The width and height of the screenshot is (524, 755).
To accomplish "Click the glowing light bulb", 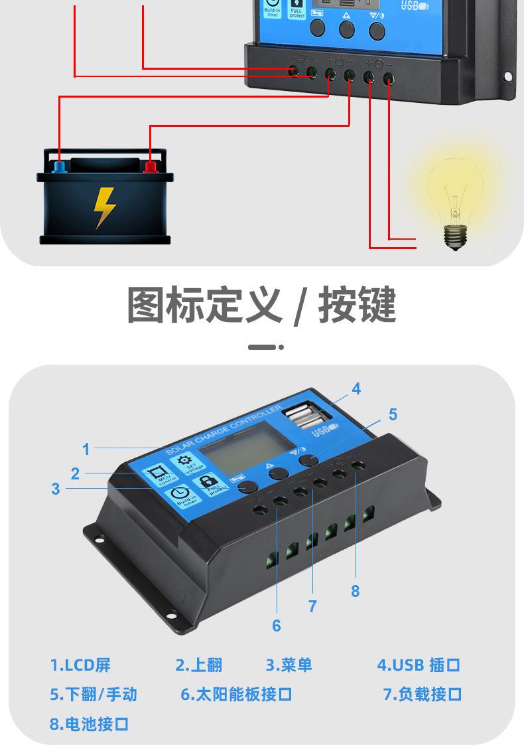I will [x=454, y=199].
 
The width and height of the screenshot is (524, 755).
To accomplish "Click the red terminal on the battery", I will [x=151, y=164].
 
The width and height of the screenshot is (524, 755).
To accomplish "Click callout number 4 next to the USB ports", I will [x=356, y=389].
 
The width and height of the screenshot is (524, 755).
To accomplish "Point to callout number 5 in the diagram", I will [x=393, y=415].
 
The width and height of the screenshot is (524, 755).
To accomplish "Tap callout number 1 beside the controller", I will [x=86, y=450].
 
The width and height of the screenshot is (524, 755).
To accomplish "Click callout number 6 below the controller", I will [x=277, y=626].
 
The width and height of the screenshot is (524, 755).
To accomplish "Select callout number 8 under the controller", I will [x=355, y=590].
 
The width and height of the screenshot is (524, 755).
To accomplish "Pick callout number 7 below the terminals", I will [x=312, y=606].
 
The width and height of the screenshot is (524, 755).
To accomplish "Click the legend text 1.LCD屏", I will [x=80, y=665].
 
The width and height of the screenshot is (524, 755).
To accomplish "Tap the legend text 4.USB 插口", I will [x=419, y=665].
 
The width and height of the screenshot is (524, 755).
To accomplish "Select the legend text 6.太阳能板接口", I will [x=236, y=695].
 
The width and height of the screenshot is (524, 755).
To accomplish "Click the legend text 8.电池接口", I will [x=89, y=724].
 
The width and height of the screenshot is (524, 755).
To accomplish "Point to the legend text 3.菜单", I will [x=289, y=665].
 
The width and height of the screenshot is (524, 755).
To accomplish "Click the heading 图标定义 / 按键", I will [x=261, y=305].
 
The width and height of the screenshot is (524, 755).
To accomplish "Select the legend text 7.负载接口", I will [x=423, y=695].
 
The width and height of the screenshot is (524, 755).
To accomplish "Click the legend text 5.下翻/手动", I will [x=94, y=695].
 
